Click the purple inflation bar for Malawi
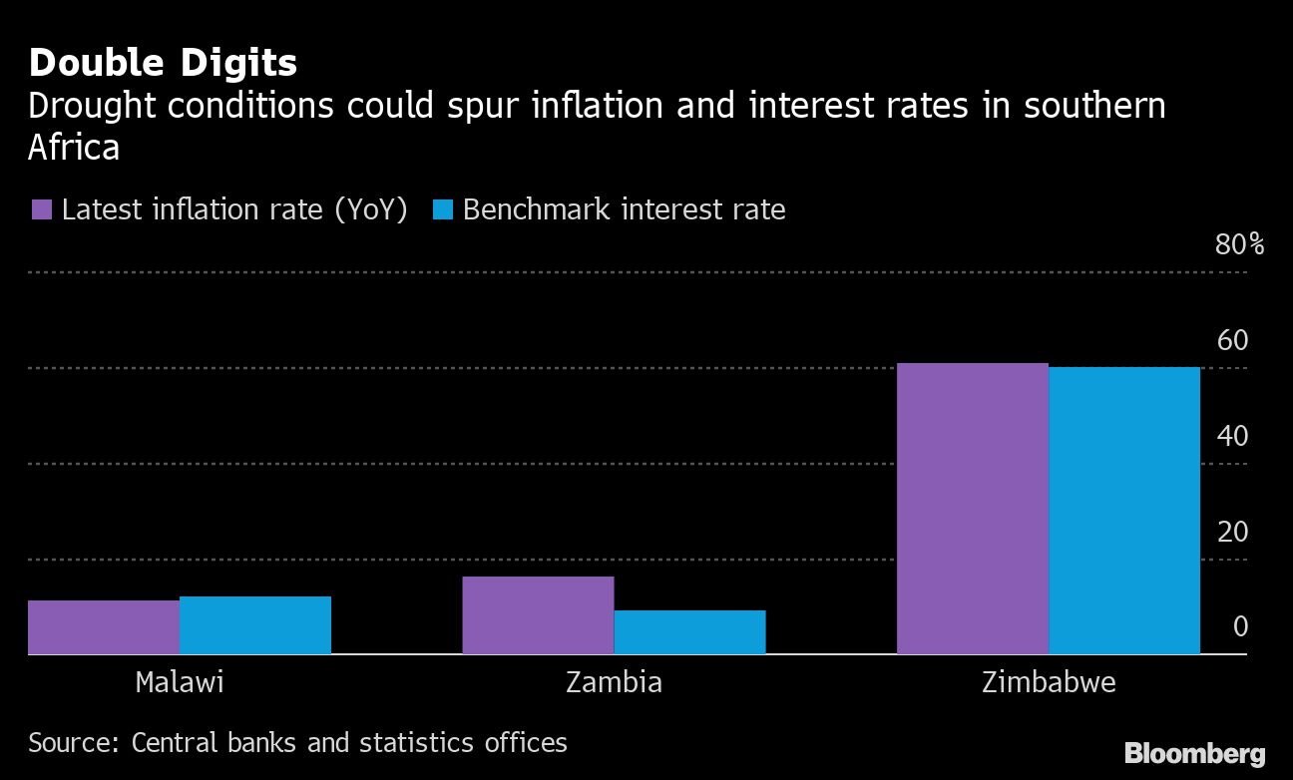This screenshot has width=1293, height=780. pos(104,627)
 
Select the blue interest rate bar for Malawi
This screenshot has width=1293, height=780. pos(255,625)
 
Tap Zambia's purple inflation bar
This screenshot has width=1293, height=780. pos(538,615)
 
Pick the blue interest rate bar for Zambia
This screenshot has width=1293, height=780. pos(689,632)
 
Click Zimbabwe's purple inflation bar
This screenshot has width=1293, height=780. pos(973,509)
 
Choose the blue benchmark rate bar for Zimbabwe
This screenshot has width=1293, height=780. pos(1124,511)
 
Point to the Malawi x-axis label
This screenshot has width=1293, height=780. pos(180,682)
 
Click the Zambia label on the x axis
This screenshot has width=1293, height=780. pos(614,682)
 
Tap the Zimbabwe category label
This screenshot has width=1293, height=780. pos(1049,682)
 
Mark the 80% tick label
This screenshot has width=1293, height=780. pos(1239,244)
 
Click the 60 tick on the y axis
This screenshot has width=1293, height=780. pos(1232,340)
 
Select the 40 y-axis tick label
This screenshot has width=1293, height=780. pos(1232,436)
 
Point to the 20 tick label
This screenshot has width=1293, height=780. pos(1232,532)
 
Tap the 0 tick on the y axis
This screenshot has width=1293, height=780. pos(1240,626)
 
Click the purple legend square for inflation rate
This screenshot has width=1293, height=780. pos(42,209)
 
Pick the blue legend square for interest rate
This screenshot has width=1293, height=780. pos(444,209)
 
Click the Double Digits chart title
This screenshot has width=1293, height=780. pos(163,63)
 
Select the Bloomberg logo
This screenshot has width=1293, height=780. pos(1194,753)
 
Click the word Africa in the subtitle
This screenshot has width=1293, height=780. pos(74,147)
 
